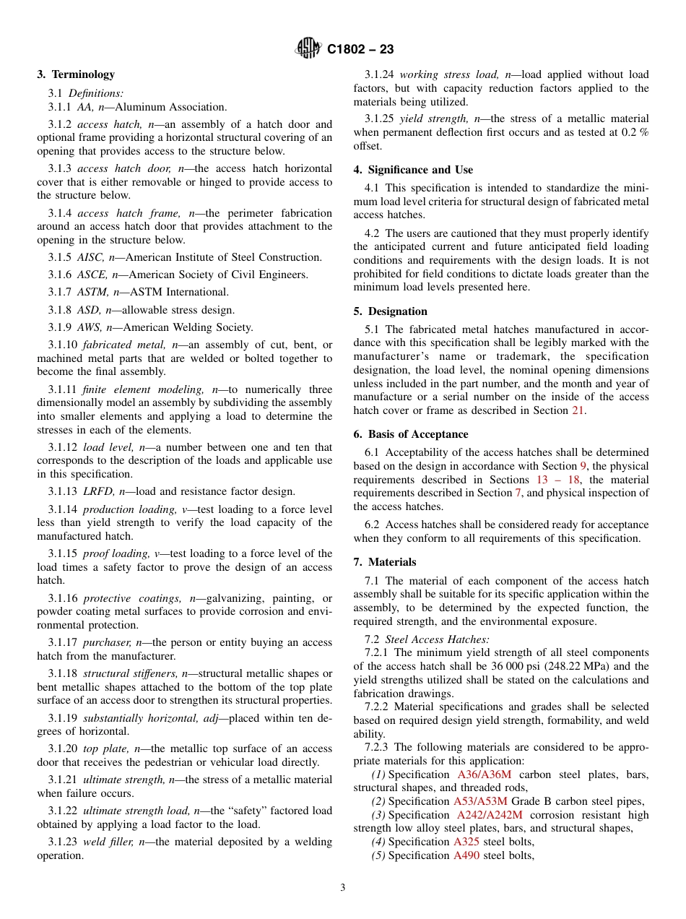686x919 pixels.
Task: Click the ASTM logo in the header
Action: coord(309,48)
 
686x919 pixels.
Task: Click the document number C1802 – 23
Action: coord(360,49)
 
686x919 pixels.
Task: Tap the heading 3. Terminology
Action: coord(76,74)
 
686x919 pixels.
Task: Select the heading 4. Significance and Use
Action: coord(413,170)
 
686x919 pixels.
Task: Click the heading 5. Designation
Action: coord(390,311)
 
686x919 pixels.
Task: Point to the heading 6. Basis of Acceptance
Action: coord(410,434)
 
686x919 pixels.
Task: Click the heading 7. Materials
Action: coord(384,562)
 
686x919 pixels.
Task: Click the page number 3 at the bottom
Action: coord(343,888)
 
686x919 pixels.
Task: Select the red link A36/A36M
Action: coord(484,775)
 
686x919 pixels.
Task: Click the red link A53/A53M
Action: coord(480,801)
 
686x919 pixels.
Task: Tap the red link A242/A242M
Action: coord(490,815)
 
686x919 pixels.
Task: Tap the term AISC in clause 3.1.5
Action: coord(90,257)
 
